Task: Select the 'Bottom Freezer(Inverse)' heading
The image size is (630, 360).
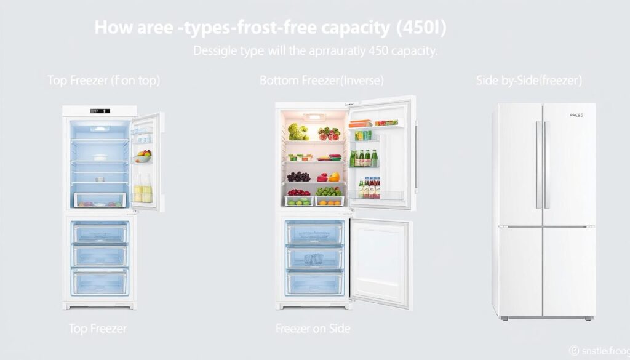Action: click(321, 81)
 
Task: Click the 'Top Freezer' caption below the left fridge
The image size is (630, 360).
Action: click(98, 329)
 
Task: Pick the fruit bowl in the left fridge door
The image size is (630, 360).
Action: click(143, 156)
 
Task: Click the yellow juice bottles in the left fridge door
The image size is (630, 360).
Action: click(143, 190)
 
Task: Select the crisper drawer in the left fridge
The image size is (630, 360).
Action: click(100, 200)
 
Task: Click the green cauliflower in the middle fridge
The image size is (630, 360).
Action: click(298, 132)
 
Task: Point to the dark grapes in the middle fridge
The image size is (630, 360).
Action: click(298, 176)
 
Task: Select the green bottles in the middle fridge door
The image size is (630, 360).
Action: click(364, 158)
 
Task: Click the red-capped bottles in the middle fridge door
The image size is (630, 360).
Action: click(369, 187)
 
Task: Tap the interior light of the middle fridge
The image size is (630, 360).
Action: click(314, 116)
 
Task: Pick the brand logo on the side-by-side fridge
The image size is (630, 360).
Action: click(576, 115)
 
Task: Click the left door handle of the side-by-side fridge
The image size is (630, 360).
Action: click(538, 164)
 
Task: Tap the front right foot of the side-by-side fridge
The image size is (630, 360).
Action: click(589, 318)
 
